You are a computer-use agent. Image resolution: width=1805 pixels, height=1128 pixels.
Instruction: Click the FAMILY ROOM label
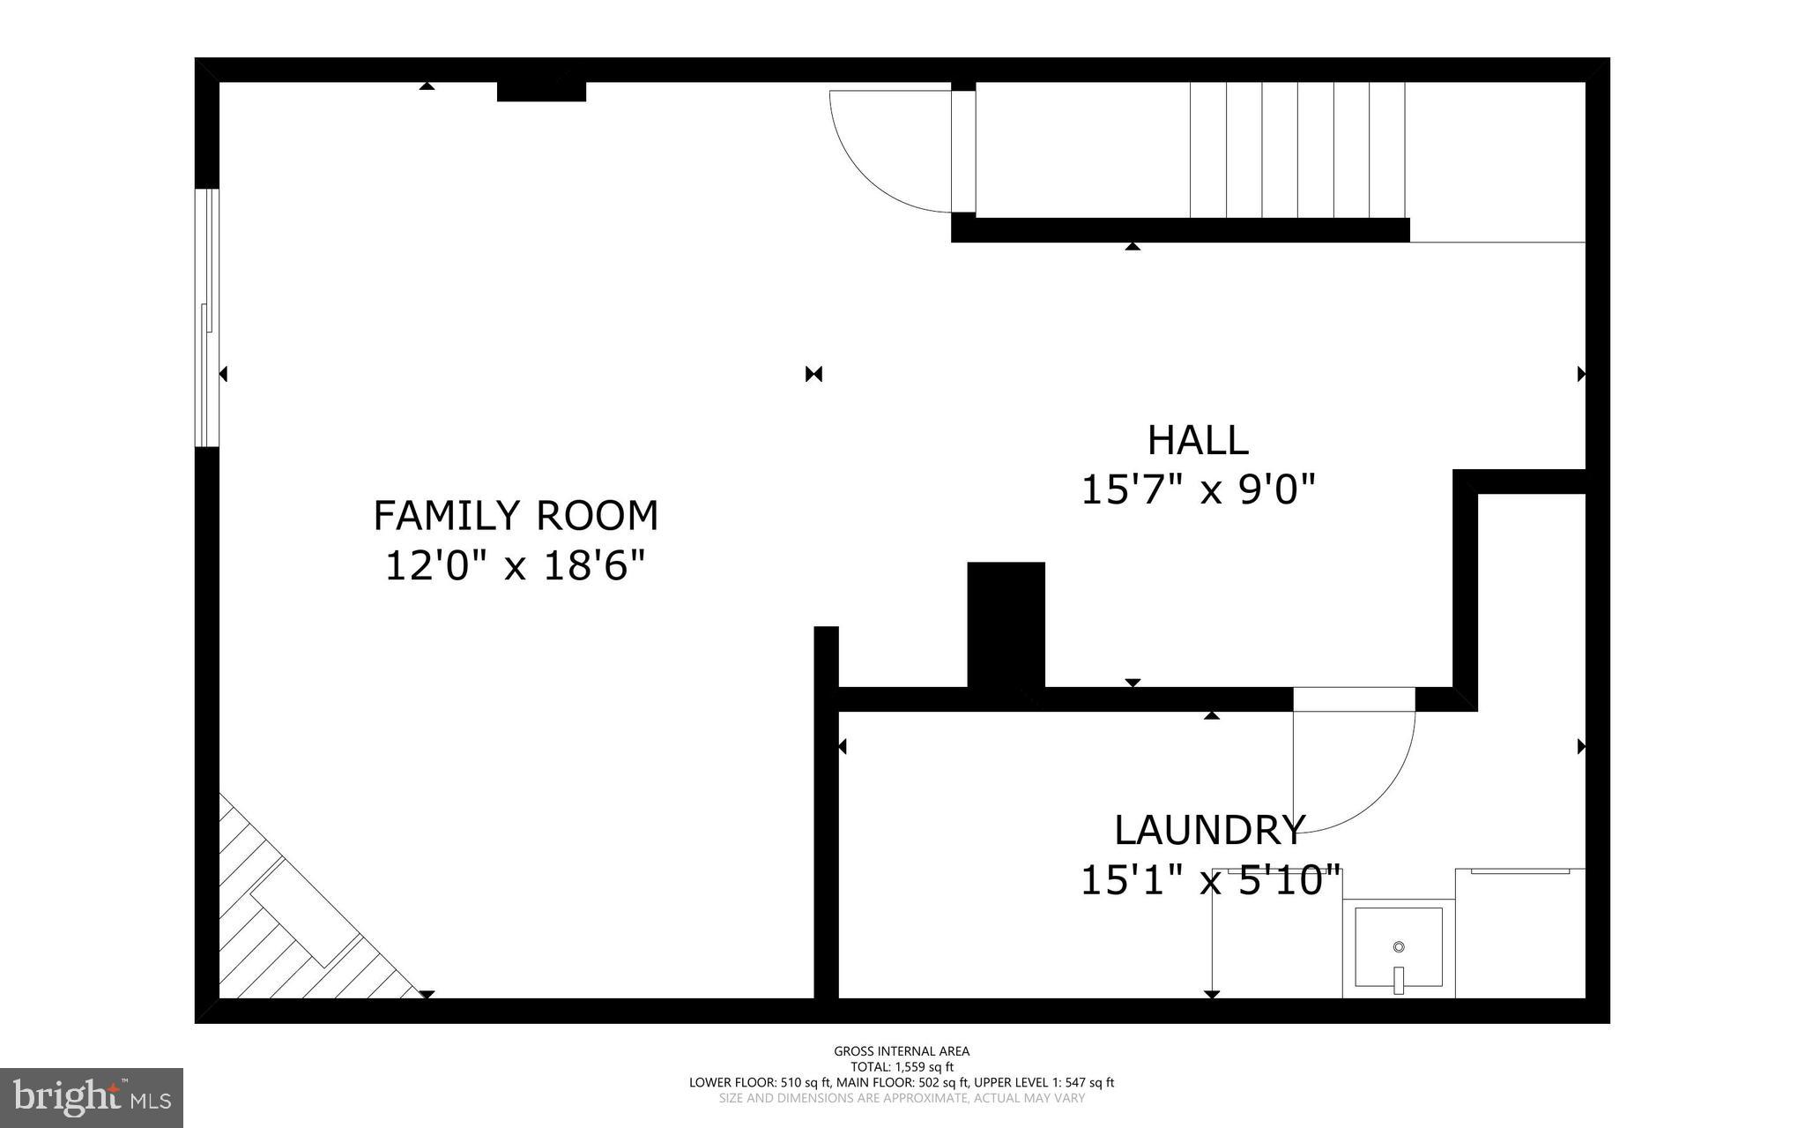pyautogui.click(x=516, y=516)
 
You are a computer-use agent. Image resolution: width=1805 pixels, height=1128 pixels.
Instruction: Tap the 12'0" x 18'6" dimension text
pyautogui.click(x=516, y=565)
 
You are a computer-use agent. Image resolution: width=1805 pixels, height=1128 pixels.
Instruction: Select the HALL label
pyautogui.click(x=1197, y=441)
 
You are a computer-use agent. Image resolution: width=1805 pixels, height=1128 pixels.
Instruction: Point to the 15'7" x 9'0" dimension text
pyautogui.click(x=1197, y=489)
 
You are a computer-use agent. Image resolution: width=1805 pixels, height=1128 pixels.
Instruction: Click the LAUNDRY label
pyautogui.click(x=1208, y=830)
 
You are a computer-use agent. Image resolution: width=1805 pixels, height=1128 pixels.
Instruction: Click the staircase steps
pyautogui.click(x=1296, y=150)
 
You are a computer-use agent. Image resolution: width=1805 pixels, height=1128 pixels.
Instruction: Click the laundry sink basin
pyautogui.click(x=1398, y=948)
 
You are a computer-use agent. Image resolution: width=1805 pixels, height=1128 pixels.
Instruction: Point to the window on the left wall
pyautogui.click(x=206, y=317)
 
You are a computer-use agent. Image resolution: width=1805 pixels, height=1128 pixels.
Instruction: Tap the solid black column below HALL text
pyautogui.click(x=1006, y=624)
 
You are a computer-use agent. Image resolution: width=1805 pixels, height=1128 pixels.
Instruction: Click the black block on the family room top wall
pyautogui.click(x=541, y=91)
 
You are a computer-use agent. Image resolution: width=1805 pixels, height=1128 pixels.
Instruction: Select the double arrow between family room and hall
pyautogui.click(x=813, y=374)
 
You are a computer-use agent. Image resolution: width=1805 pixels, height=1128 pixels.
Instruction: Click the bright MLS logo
pyautogui.click(x=92, y=1098)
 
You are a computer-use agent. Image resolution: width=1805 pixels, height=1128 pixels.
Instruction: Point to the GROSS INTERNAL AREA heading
pyautogui.click(x=902, y=1050)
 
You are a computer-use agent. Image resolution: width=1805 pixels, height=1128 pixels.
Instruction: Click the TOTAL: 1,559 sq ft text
pyautogui.click(x=902, y=1066)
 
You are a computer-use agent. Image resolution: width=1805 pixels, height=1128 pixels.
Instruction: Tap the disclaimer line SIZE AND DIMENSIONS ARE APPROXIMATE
pyautogui.click(x=902, y=1098)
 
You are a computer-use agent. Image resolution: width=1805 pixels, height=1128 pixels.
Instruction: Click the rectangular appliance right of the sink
pyautogui.click(x=1519, y=935)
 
